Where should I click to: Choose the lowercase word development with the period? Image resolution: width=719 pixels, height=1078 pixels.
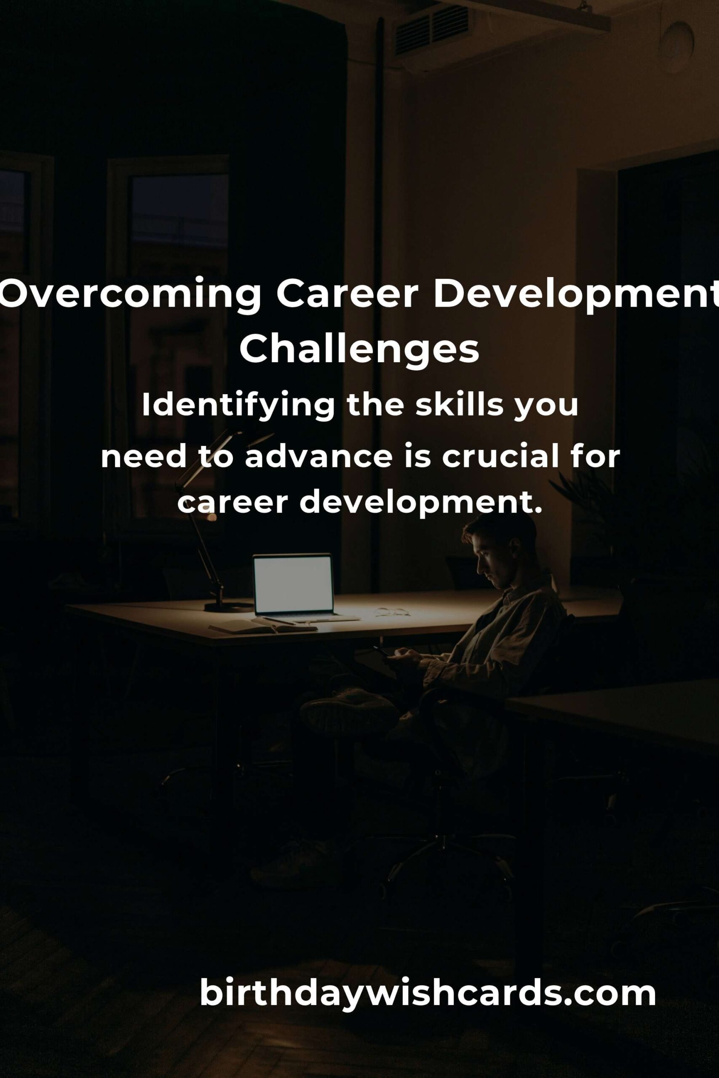coord(420,503)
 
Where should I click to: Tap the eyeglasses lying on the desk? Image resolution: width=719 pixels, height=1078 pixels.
coord(392,611)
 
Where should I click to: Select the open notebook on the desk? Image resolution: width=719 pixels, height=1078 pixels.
coord(263,627)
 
